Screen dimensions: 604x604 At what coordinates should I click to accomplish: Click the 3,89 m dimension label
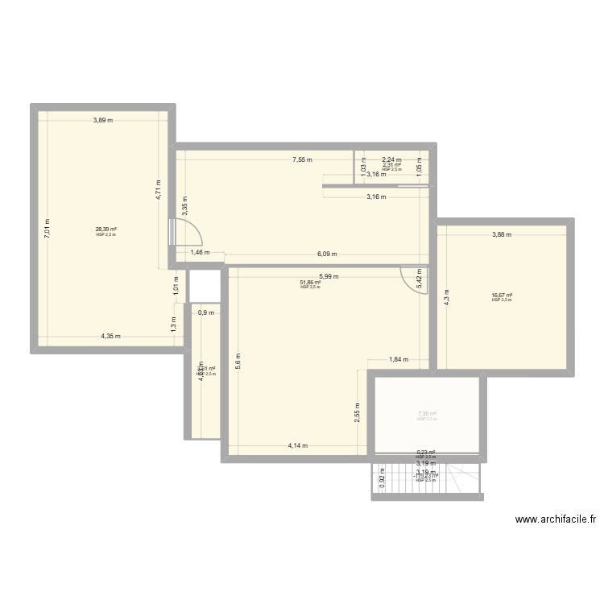pyautogui.click(x=102, y=121)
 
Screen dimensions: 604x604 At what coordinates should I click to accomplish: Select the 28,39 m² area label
pyautogui.click(x=106, y=230)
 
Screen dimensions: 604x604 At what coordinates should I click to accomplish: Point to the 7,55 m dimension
pyautogui.click(x=304, y=160)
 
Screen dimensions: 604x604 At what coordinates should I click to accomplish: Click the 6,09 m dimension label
pyautogui.click(x=326, y=254)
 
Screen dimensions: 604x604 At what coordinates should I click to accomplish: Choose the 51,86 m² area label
pyautogui.click(x=310, y=283)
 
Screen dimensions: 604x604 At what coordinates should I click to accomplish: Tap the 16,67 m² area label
pyautogui.click(x=502, y=296)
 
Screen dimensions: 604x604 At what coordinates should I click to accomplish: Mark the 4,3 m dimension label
pyautogui.click(x=448, y=295)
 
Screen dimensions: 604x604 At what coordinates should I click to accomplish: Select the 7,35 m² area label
pyautogui.click(x=427, y=415)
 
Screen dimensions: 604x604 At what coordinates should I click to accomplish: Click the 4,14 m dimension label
pyautogui.click(x=299, y=445)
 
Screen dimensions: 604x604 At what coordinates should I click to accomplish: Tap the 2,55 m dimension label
pyautogui.click(x=356, y=413)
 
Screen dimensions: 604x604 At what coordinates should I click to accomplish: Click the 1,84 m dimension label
pyautogui.click(x=399, y=360)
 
